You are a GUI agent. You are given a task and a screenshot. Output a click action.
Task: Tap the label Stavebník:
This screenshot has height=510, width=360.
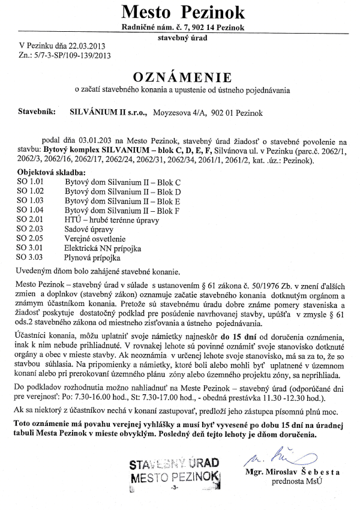coord(37,112)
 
